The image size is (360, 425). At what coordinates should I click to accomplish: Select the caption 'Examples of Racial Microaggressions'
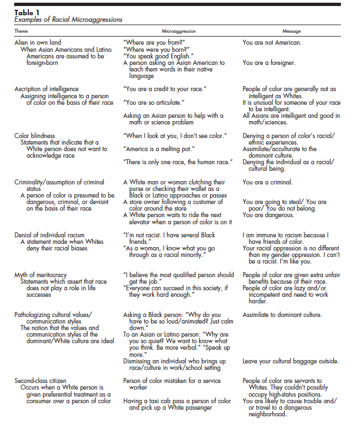pos(68,20)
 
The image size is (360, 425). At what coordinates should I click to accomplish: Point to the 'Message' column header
pos(292,31)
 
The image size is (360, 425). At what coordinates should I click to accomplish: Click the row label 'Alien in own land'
pos(38,42)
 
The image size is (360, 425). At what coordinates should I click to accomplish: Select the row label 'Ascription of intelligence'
pos(46,89)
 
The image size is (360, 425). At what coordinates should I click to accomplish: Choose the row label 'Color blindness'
pos(34,135)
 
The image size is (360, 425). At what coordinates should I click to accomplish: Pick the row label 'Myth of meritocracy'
pos(41,275)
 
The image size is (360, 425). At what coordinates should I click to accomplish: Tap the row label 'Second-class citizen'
pos(41,381)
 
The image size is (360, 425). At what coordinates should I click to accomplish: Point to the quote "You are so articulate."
pos(154,102)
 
